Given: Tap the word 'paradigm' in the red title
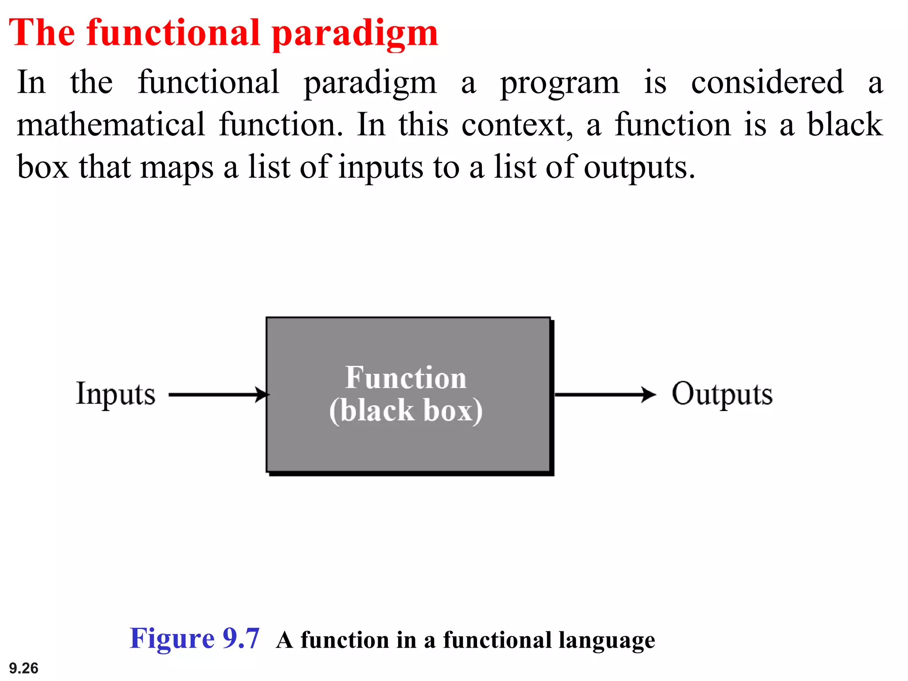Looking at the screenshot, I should [x=355, y=35].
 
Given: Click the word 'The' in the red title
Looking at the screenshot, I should [x=42, y=33].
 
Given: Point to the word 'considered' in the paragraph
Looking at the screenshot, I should [x=767, y=82].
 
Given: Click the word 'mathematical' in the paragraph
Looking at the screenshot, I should [x=111, y=125].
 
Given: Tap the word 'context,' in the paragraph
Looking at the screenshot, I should [x=517, y=125].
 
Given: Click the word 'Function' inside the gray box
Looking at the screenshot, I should [x=406, y=378].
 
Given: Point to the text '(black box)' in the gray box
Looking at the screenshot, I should [x=406, y=411].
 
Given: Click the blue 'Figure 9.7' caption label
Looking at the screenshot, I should [x=194, y=639].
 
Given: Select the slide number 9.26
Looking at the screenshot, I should [x=23, y=668].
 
